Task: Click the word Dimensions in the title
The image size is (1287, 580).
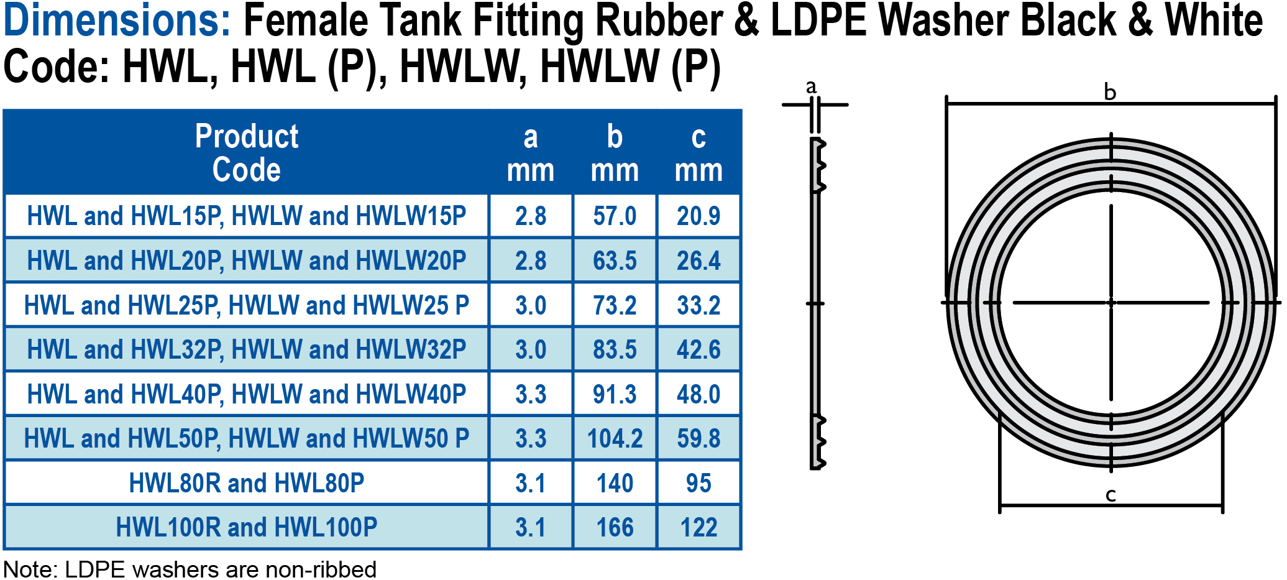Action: point(117,21)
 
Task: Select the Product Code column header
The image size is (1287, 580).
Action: point(247,153)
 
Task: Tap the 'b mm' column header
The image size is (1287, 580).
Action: point(615,153)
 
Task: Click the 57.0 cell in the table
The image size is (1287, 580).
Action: point(615,216)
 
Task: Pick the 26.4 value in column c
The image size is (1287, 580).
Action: point(698,261)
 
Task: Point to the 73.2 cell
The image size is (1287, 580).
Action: point(615,305)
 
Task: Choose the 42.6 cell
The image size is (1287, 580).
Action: point(698,350)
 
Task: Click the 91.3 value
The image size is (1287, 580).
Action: point(615,394)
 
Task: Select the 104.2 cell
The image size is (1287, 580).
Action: point(615,439)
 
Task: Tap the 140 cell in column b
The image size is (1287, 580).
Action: point(615,483)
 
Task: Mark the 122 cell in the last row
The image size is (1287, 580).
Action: point(698,528)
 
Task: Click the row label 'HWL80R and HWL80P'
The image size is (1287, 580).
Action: point(247,483)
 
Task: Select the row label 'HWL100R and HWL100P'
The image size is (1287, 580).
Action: point(247,528)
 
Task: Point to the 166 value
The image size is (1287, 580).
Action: point(615,528)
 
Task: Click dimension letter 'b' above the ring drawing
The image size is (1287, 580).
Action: point(1110,93)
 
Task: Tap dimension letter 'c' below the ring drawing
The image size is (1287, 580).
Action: point(1111,495)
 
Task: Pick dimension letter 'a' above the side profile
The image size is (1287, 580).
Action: point(811,87)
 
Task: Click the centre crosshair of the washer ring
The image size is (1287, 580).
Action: point(1111,303)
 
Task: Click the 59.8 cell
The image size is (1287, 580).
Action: point(698,439)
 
